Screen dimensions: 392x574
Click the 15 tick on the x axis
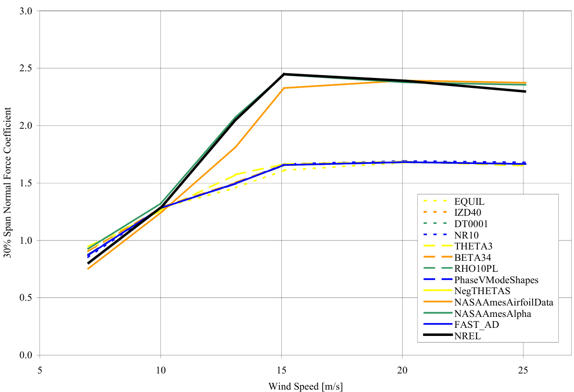point(281,369)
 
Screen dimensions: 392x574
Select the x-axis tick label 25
point(524,369)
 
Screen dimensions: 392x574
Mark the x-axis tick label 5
point(40,369)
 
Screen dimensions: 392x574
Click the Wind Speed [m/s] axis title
point(305,385)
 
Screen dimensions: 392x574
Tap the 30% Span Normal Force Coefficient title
point(9,183)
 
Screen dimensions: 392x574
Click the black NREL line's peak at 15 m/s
point(283,74)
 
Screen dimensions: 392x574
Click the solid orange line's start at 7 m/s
point(88,269)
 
